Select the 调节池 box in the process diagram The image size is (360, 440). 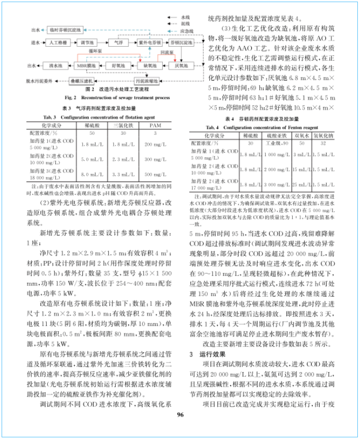[88, 41]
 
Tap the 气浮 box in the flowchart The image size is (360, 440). [118, 41]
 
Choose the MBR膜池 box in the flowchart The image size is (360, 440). [85, 66]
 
